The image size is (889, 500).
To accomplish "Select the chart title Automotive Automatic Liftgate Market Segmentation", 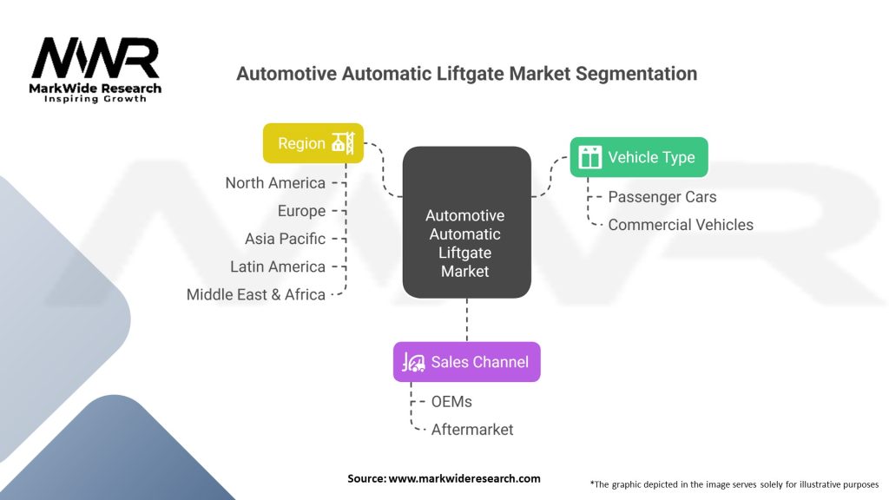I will point(466,74).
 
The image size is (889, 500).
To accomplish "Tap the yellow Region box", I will point(313,143).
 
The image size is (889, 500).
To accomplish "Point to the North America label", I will point(275,183).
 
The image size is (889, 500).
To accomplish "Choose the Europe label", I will point(301,211).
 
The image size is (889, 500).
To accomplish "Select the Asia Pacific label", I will point(285,239).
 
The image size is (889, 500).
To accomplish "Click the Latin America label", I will point(278,266).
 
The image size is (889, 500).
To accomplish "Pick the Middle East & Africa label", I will point(256,294).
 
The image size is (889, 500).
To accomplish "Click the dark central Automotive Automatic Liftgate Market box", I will point(466,222).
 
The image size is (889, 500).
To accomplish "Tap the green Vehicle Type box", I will point(638,157).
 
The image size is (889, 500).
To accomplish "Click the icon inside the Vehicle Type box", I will point(590,157).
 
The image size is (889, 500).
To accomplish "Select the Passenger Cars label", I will point(662,197).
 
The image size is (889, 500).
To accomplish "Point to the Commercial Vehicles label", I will point(681,225).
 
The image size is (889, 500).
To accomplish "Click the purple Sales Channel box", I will point(466,362).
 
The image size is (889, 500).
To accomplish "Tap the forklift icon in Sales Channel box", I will point(412,362).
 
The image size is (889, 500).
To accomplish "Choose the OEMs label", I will point(451,402).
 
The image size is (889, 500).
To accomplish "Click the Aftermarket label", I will point(472,430).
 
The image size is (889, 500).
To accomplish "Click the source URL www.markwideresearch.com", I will point(464,478).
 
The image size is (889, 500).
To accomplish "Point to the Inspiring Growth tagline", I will point(95,99).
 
